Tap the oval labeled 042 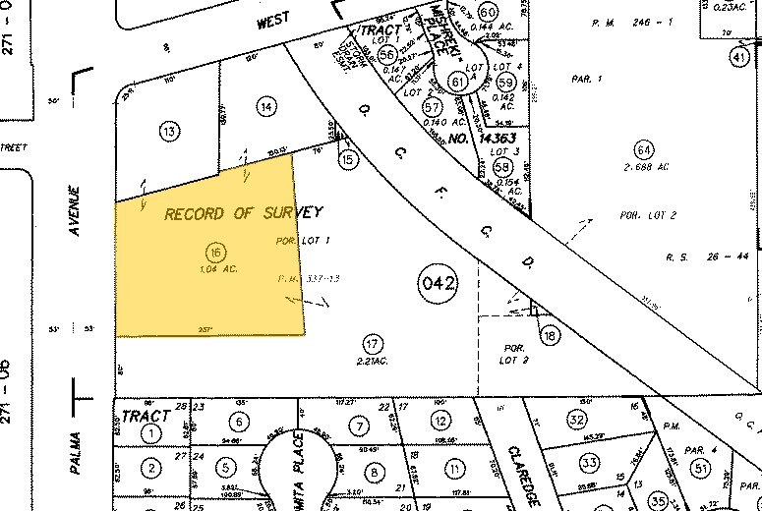tap(438, 285)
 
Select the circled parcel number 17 tap(372, 344)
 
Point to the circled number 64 tap(644, 150)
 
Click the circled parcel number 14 tap(264, 105)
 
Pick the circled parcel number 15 tap(347, 157)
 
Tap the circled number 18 tap(550, 336)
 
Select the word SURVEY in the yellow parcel tap(290, 212)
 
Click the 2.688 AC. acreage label tap(645, 168)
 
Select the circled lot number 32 tap(577, 420)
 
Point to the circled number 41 tap(738, 57)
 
